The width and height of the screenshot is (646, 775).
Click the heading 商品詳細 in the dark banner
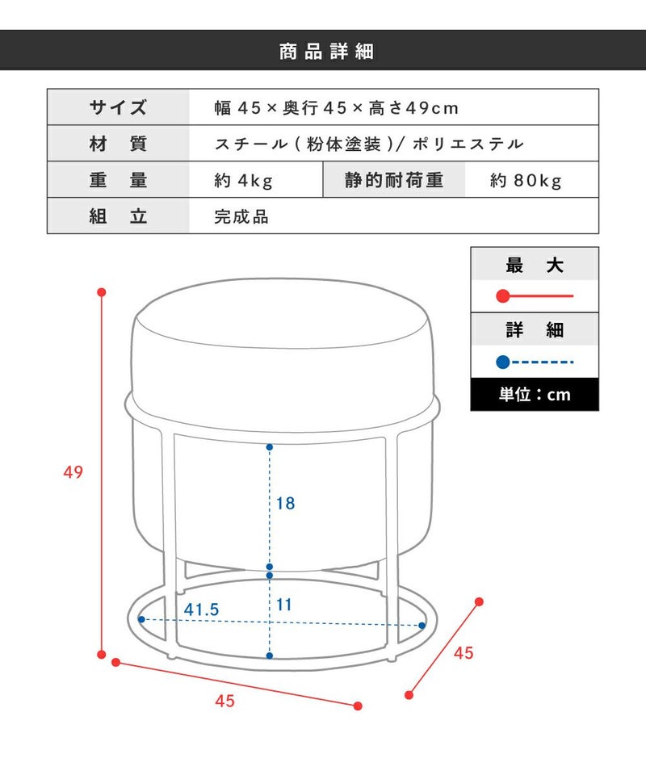pyautogui.click(x=326, y=52)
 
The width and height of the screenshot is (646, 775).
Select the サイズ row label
pyautogui.click(x=118, y=107)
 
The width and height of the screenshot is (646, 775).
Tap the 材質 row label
pyautogui.click(x=118, y=144)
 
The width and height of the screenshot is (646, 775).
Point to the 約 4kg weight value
pyautogui.click(x=243, y=180)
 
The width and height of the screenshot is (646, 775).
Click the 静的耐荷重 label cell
pyautogui.click(x=394, y=180)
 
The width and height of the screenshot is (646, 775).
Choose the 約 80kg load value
pyautogui.click(x=526, y=180)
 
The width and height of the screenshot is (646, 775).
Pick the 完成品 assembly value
pyautogui.click(x=241, y=216)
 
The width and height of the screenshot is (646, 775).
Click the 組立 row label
pyautogui.click(x=118, y=216)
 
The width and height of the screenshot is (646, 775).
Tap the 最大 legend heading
pyautogui.click(x=535, y=266)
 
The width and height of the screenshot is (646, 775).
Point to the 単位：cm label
pyautogui.click(x=535, y=395)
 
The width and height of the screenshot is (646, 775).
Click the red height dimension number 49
pyautogui.click(x=73, y=472)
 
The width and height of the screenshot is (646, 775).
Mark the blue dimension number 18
pyautogui.click(x=285, y=503)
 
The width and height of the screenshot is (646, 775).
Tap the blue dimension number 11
pyautogui.click(x=283, y=605)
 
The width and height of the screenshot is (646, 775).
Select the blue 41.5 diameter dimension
pyautogui.click(x=201, y=610)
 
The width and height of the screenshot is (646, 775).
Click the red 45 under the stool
pyautogui.click(x=225, y=701)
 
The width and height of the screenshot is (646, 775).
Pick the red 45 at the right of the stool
pyautogui.click(x=464, y=653)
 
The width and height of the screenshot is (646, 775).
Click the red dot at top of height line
pyautogui.click(x=102, y=292)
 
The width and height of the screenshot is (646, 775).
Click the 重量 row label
pyautogui.click(x=118, y=180)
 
